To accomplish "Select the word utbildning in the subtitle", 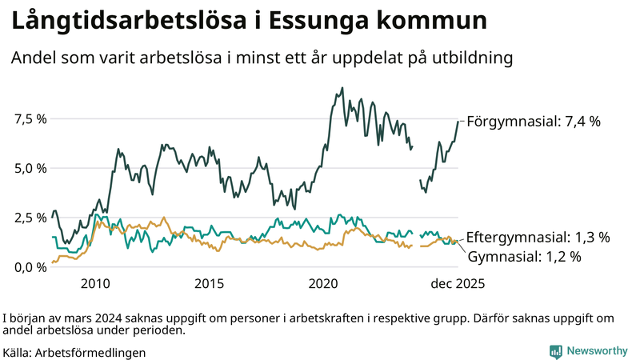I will coord(471,59).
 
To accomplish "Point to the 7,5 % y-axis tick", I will coord(30,118).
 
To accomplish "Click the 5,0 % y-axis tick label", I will coord(30,168).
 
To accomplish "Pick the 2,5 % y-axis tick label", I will coord(30,217).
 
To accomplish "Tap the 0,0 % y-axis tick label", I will coord(30,266).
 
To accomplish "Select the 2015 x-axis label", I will coord(209,283).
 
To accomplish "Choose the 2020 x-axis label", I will coord(324,283).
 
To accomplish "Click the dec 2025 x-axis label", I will coord(458,283).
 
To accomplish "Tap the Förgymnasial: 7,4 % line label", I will coord(533,122).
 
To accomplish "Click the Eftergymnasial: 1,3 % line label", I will coord(538,238).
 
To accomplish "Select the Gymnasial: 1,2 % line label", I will coord(523,257).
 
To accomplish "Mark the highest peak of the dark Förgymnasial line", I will coord(342,88).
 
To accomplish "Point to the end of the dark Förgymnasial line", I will coord(458,122).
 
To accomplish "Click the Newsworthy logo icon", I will coord(555,350).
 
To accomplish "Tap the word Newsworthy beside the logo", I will coord(597,350).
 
